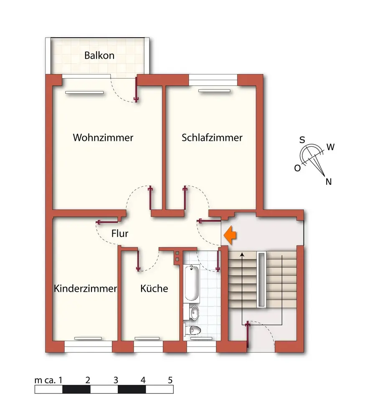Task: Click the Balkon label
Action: pos(99,56)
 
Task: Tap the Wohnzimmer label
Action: pos(103,138)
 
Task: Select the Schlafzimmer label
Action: pos(212,138)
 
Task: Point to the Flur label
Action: pos(120,234)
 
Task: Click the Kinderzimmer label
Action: pos(85,288)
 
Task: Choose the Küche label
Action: pos(154,288)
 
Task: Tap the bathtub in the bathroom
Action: pos(192,283)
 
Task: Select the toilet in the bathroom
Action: pos(194,331)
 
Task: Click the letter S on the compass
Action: pos(302,140)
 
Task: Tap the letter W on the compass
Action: pos(330,147)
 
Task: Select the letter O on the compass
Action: pos(297,168)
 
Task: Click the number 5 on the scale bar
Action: pos(170,380)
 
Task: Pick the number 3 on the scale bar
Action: pos(116,380)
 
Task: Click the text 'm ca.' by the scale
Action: pos(46,380)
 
